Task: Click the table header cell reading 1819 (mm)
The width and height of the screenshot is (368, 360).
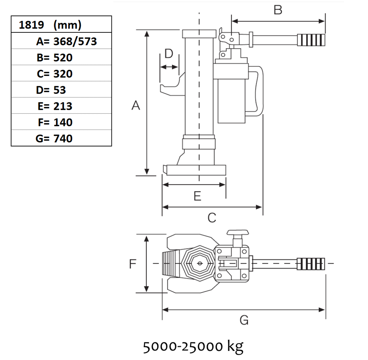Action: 61,25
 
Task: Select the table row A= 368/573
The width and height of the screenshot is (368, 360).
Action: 61,41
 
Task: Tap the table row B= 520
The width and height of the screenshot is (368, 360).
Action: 61,57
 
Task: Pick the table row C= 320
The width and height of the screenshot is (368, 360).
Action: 61,73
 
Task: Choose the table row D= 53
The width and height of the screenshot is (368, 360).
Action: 61,89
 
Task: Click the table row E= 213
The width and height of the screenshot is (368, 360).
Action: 61,106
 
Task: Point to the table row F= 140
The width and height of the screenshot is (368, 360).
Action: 61,122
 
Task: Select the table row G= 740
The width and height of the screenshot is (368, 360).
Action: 61,138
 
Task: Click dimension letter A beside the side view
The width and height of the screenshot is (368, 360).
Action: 136,106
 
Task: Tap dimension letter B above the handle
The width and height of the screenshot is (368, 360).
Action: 278,10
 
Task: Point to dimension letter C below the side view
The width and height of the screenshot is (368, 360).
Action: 212,218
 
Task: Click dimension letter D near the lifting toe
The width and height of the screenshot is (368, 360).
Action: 169,54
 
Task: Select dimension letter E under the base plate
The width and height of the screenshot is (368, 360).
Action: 198,196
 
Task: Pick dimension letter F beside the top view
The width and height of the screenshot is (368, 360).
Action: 133,264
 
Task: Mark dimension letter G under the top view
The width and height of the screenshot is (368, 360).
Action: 244,320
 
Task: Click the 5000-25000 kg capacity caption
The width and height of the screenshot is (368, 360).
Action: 193,346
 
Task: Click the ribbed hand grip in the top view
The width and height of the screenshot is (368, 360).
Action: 311,264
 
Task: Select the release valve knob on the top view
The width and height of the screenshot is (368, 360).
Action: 238,232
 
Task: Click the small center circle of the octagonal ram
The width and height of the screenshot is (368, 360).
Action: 199,264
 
